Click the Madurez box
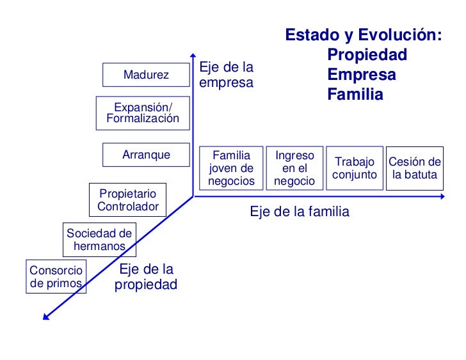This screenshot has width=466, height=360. tap(146, 75)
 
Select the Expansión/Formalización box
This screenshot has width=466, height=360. tap(143, 113)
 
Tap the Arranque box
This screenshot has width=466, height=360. tap(146, 155)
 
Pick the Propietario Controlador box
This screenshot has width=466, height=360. tap(128, 200)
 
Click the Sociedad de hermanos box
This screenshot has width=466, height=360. tap(99, 240)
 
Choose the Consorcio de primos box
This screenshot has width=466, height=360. tap(56, 277)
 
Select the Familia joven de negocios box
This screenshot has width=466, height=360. tap(231, 168)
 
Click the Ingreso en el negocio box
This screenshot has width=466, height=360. tap(294, 168)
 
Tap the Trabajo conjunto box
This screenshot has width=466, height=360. tap(355, 168)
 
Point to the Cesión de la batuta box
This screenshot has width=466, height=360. tap(415, 168)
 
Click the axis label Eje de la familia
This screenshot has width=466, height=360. tap(300, 212)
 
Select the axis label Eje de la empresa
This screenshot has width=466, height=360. tap(227, 75)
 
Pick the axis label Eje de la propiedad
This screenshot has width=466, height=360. tap(146, 277)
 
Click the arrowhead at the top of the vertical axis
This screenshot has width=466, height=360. tap(193, 55)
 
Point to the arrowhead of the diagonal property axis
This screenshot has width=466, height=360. tap(45, 314)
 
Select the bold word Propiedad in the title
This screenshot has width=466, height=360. tap(367, 55)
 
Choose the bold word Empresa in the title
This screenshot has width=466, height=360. tap(362, 75)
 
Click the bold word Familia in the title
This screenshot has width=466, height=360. tap(355, 95)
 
